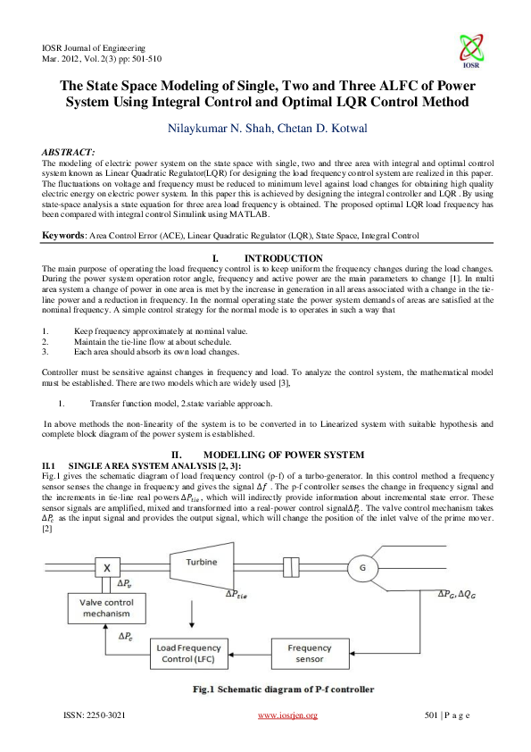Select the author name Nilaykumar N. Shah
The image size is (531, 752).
[x=216, y=129]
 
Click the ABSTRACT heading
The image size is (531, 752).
[x=70, y=154]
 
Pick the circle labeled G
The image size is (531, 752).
[x=362, y=568]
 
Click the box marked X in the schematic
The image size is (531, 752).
[x=107, y=567]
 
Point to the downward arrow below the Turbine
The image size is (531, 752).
[x=190, y=614]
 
